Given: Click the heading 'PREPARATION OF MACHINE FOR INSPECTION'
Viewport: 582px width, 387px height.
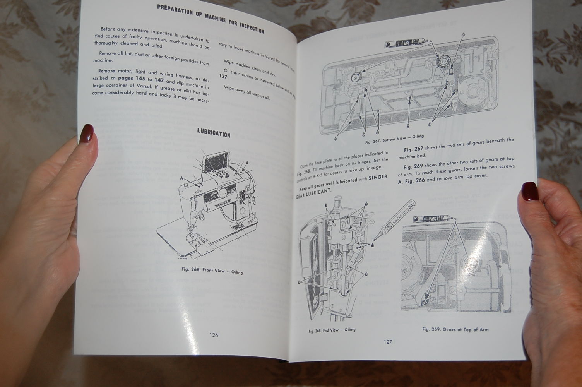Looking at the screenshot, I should pyautogui.click(x=211, y=19).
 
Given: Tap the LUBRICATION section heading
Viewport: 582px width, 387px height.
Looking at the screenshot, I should pyautogui.click(x=214, y=133).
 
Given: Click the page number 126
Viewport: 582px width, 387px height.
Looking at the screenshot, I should pyautogui.click(x=213, y=335).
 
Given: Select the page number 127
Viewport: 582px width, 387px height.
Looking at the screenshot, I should pyautogui.click(x=388, y=342).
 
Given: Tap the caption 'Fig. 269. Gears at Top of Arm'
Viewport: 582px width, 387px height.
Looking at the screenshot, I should pyautogui.click(x=455, y=330).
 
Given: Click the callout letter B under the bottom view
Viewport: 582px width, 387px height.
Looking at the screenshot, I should pyautogui.click(x=408, y=126).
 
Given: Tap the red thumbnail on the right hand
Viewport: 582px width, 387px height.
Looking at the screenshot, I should pyautogui.click(x=529, y=191).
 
